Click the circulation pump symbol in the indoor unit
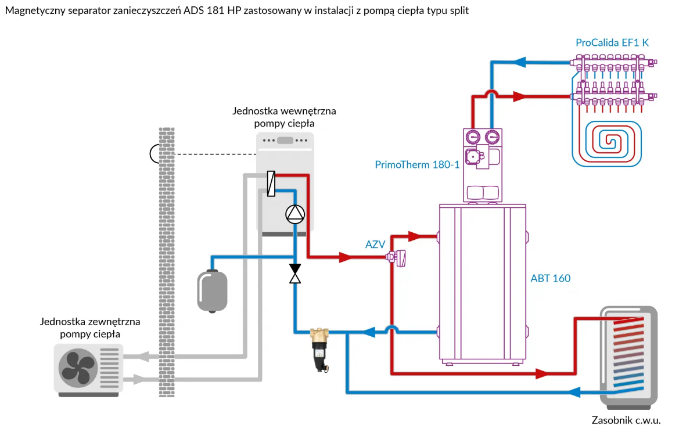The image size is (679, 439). click(295, 214)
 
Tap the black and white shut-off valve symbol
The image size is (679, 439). click(295, 274)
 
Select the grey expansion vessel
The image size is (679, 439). click(212, 291)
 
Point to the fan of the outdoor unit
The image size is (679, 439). click(78, 368)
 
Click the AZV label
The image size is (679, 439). click(375, 244)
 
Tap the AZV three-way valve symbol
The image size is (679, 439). click(397, 258)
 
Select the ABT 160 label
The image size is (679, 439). click(551, 278)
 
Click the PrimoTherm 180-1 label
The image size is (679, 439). click(417, 164)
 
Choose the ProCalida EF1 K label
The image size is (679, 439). click(612, 42)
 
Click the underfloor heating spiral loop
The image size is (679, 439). click(607, 143)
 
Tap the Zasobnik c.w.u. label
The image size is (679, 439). click(626, 420)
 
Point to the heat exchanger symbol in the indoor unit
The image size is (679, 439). click(271, 183)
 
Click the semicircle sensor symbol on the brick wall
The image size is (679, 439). click(155, 154)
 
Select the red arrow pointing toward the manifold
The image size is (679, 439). click(519, 96)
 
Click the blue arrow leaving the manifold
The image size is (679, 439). click(519, 62)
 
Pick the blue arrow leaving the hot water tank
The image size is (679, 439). click(574, 392)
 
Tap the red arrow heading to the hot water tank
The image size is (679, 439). click(542, 373)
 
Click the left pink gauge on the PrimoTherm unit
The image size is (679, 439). click(473, 138)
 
